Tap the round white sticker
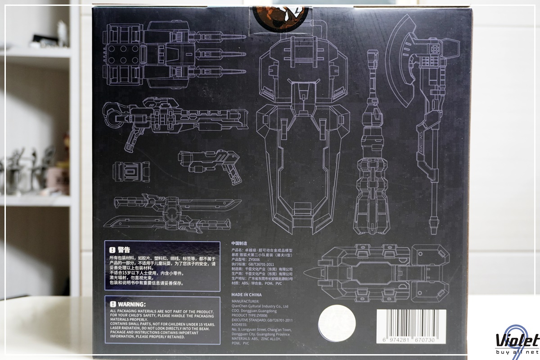point(337,325)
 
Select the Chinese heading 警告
point(124,249)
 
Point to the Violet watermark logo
point(517,341)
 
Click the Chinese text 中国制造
point(239,243)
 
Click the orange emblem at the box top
point(279,13)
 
